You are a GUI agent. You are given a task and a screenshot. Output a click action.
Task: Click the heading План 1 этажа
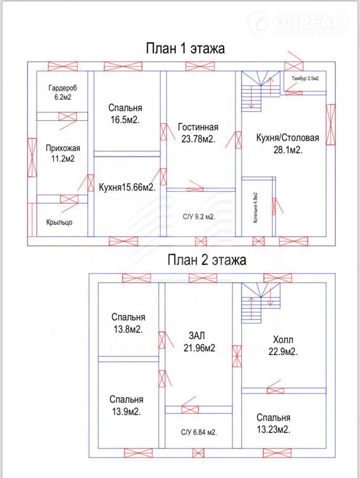click(x=185, y=48)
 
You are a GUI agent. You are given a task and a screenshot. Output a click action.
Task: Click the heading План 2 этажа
click(x=207, y=260)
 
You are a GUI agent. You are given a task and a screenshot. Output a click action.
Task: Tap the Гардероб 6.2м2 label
click(x=63, y=92)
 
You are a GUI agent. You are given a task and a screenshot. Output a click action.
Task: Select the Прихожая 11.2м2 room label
click(x=63, y=153)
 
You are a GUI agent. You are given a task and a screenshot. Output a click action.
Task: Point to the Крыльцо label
click(x=59, y=222)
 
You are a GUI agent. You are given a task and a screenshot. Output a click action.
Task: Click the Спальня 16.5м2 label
click(x=125, y=113)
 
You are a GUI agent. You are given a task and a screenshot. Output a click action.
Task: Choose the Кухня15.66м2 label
click(x=127, y=187)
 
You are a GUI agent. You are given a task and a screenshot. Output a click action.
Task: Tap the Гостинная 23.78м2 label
click(x=198, y=133)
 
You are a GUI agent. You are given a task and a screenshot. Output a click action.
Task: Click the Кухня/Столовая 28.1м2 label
click(x=287, y=143)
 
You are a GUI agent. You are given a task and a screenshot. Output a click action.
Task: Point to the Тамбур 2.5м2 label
click(x=305, y=78)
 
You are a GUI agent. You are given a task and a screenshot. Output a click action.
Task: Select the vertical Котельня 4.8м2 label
click(x=255, y=207)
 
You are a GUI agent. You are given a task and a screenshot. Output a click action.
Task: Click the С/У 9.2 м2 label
click(x=198, y=217)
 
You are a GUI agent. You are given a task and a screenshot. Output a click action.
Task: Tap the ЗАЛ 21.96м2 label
click(x=199, y=342)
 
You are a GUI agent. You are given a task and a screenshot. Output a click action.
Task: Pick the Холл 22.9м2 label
click(x=283, y=346)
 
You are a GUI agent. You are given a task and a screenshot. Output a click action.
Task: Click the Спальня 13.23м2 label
click(x=273, y=423)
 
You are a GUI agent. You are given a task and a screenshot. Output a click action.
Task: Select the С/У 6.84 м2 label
click(x=199, y=432)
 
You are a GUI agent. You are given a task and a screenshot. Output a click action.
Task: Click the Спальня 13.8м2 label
click(x=128, y=323)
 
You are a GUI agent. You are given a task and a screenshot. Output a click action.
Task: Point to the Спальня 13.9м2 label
click(x=126, y=406)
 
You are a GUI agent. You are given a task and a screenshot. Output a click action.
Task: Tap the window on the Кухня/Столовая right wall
click(x=331, y=124)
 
